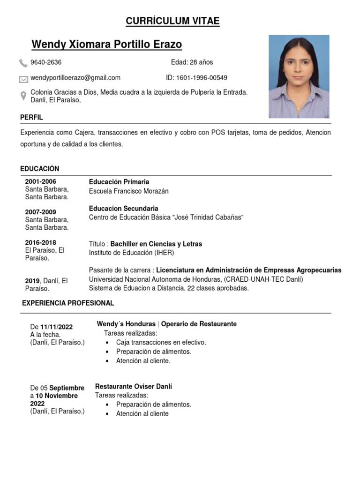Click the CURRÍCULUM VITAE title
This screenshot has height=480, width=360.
pos(172,21)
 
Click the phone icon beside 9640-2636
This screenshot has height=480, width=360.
pos(23,63)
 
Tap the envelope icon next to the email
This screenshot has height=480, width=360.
pos(23,79)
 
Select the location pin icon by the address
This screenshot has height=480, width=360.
pos(23,96)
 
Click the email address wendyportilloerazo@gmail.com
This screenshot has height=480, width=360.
pos(75,78)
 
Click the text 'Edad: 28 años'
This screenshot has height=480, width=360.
pos(192,62)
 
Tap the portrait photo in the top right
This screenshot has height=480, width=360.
pos(299,76)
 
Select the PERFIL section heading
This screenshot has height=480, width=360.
pos(31,117)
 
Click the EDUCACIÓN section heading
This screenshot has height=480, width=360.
pos(40,169)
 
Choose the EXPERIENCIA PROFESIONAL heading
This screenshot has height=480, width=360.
pos(68,303)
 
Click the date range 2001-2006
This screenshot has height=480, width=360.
pos(40,181)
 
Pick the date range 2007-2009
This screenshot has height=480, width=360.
pos(40,212)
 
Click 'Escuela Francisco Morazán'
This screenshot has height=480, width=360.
pos(128,191)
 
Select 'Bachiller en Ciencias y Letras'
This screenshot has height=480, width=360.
pos(156,244)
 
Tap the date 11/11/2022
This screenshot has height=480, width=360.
pos(56,327)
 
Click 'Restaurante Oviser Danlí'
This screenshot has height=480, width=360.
pos(134,387)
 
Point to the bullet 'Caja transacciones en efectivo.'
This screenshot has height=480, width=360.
pos(161,343)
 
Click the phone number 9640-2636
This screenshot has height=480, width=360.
pos(46,62)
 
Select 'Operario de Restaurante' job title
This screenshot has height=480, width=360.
pos(199,324)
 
